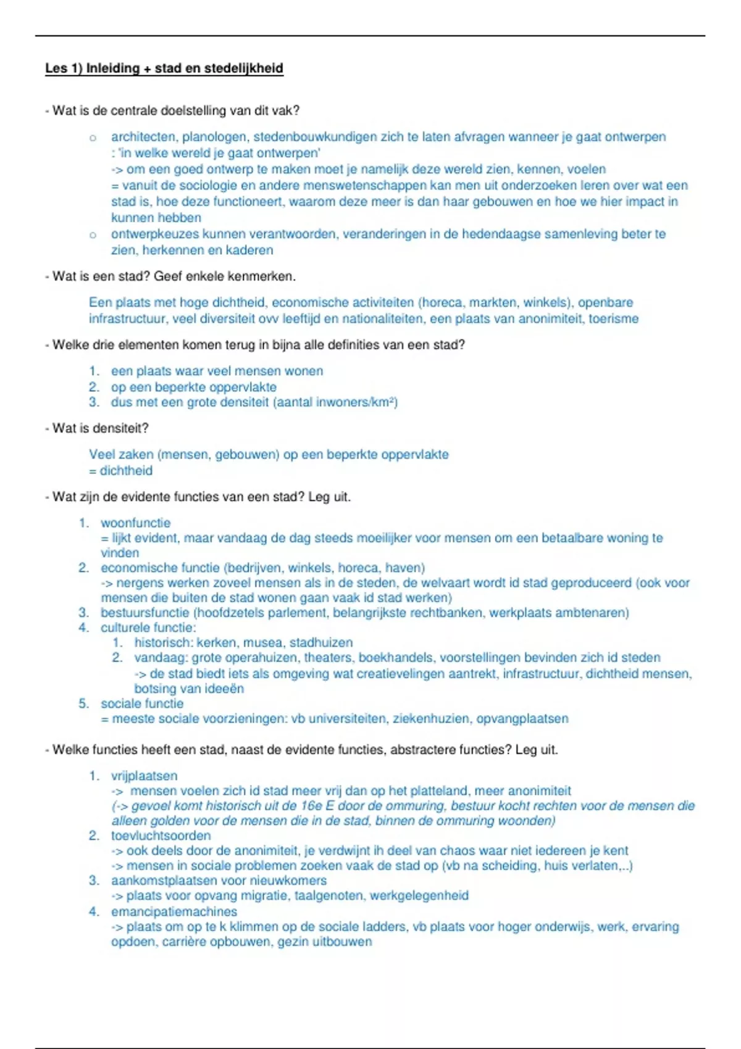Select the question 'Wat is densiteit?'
click(100, 428)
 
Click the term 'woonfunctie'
click(135, 523)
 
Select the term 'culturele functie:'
click(148, 628)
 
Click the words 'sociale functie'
click(142, 703)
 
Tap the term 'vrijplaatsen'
click(144, 776)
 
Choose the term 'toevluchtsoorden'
click(161, 836)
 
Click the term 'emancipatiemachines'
click(174, 911)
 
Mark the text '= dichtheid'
click(120, 471)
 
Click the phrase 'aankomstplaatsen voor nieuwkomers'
click(219, 881)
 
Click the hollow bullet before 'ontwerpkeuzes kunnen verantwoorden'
click(93, 235)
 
